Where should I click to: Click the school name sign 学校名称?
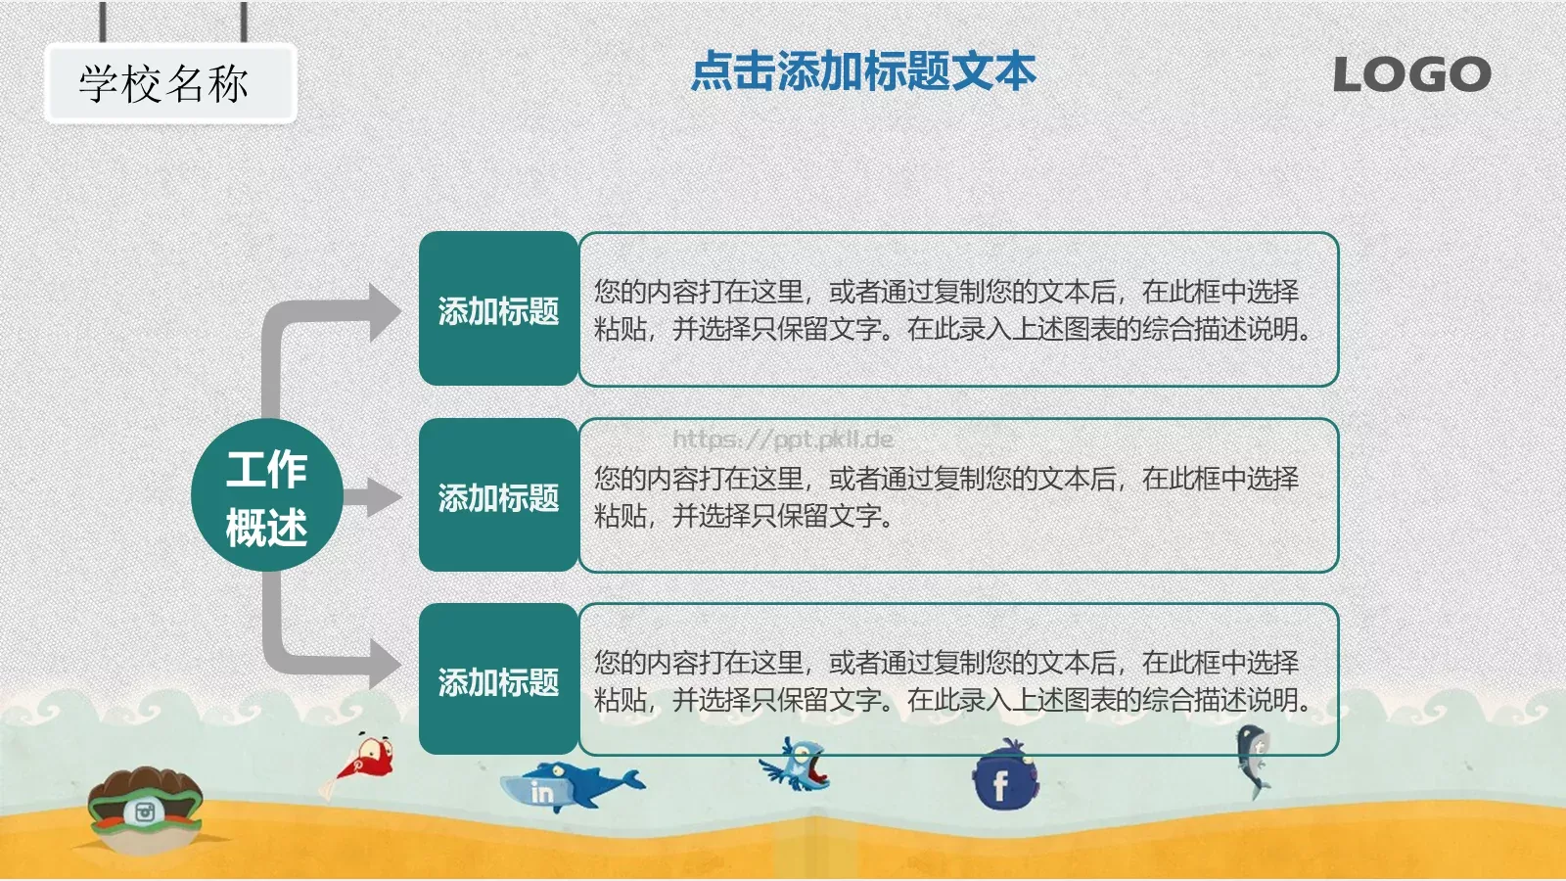(x=168, y=84)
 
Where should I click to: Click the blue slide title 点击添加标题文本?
(x=862, y=71)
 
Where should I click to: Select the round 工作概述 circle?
(x=266, y=496)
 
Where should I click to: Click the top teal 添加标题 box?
(x=498, y=309)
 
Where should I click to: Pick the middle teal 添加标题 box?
(x=498, y=496)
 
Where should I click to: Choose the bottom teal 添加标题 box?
(x=498, y=680)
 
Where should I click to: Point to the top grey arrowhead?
(x=383, y=312)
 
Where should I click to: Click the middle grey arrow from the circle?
(x=373, y=497)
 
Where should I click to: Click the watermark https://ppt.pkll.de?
(x=782, y=440)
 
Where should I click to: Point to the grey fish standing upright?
(x=1252, y=760)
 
